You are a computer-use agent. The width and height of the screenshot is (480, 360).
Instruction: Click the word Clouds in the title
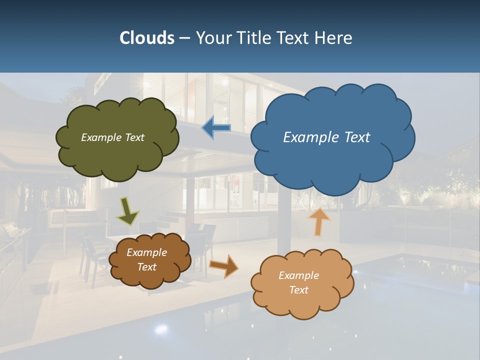pyautogui.click(x=146, y=38)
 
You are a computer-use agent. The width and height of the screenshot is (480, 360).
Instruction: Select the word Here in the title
pyautogui.click(x=334, y=38)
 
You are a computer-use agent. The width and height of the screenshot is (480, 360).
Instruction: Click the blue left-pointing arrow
pyautogui.click(x=216, y=128)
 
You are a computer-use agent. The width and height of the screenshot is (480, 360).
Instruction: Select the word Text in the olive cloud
pyautogui.click(x=134, y=137)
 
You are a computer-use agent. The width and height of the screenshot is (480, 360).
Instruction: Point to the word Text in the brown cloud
pyautogui.click(x=147, y=267)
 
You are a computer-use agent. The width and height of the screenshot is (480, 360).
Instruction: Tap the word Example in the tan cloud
pyautogui.click(x=298, y=275)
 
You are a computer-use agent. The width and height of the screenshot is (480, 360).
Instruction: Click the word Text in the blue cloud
pyautogui.click(x=357, y=137)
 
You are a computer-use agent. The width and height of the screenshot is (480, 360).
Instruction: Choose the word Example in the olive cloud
pyautogui.click(x=101, y=137)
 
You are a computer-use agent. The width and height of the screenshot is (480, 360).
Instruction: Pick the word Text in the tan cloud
pyautogui.click(x=299, y=290)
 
